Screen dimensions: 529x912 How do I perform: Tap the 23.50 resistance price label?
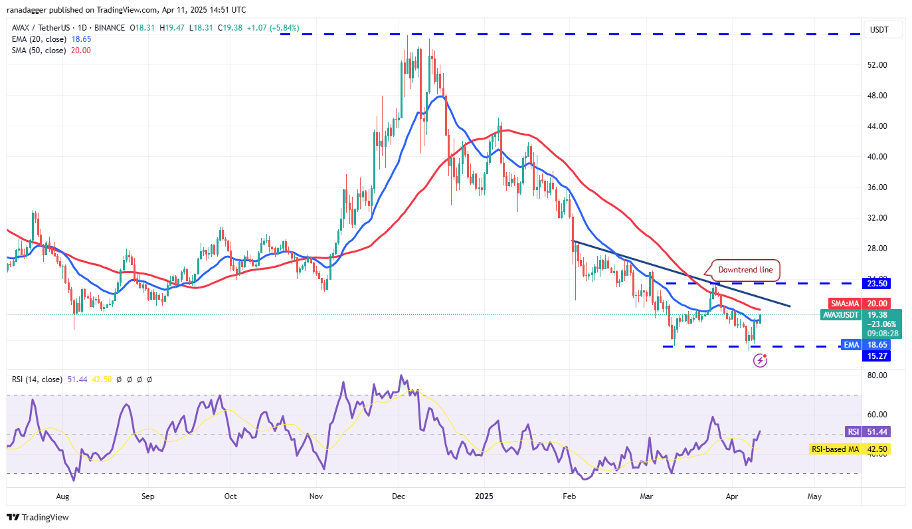coord(876,283)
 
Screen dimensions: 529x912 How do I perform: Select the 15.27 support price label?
coord(876,356)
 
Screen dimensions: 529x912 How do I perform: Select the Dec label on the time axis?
coord(399,496)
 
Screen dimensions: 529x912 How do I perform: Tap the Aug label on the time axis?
coord(62,496)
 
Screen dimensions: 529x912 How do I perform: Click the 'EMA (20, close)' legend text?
coord(39,39)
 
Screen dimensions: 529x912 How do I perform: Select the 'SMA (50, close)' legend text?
coord(39,51)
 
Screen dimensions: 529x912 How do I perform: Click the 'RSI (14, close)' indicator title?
coord(37,379)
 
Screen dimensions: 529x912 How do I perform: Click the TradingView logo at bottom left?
coord(38,517)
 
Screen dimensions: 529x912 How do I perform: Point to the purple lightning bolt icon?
coord(761,361)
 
